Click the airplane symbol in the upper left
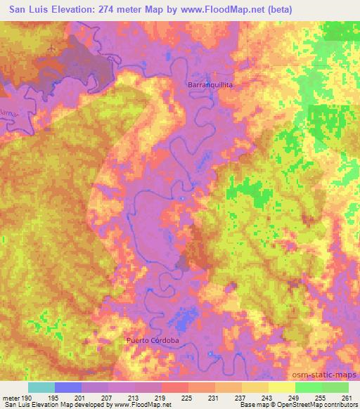53,46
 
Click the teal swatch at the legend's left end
41,387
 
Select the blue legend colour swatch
68,387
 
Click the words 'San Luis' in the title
29,11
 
